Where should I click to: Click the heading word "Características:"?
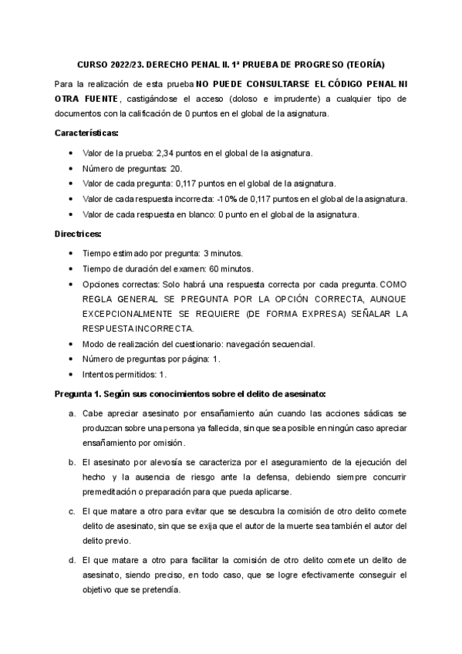86,133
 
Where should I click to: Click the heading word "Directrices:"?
79,233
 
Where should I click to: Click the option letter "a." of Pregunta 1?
72,414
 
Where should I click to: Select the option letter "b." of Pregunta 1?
72,463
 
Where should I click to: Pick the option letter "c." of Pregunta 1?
72,511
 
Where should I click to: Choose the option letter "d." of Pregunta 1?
72,560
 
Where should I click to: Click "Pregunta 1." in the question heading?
81,393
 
